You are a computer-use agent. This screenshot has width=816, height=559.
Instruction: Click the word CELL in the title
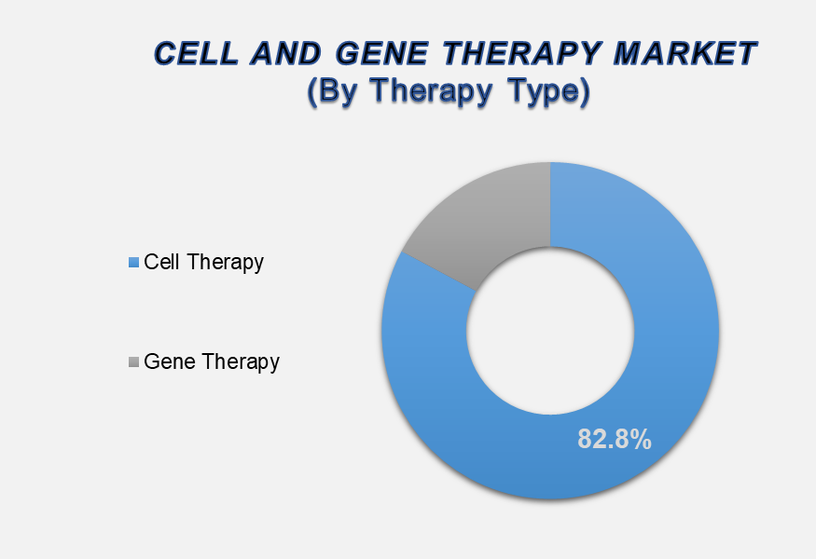(196, 53)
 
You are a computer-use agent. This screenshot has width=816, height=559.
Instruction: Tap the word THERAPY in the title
(521, 53)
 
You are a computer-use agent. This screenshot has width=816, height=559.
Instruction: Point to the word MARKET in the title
(685, 53)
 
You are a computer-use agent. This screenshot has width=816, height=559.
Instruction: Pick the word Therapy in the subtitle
(432, 91)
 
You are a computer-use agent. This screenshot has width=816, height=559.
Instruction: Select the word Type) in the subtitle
(549, 91)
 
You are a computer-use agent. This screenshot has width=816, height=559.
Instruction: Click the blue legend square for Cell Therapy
(133, 262)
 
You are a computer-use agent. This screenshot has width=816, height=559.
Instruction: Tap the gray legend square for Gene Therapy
(133, 361)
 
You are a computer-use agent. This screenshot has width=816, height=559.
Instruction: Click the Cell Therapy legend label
(203, 262)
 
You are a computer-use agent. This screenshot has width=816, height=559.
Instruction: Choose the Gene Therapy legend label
(212, 361)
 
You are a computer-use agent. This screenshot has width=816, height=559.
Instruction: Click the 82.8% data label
(614, 439)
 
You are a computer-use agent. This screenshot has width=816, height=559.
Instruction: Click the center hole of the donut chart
(550, 332)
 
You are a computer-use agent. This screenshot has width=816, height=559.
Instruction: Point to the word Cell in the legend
(162, 262)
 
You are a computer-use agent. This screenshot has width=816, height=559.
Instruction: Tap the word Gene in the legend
(170, 361)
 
